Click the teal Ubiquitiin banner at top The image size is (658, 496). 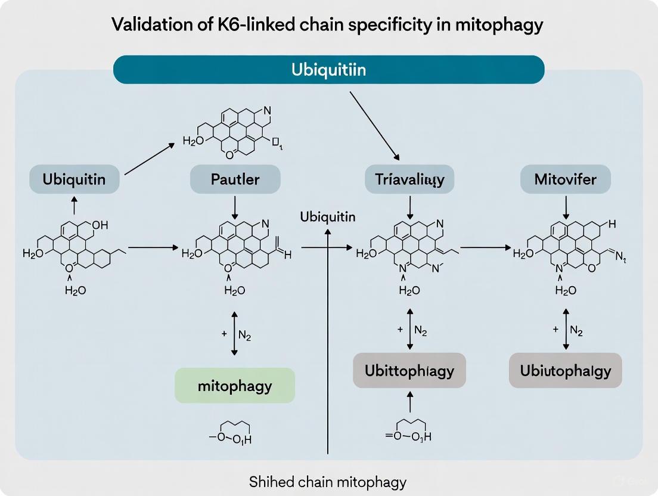[328, 70]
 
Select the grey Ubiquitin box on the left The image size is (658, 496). [75, 179]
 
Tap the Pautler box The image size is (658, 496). [235, 179]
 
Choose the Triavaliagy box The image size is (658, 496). [409, 179]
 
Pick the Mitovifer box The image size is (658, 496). [566, 179]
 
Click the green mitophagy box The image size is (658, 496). [235, 385]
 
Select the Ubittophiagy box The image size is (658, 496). [409, 370]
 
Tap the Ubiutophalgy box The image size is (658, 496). [565, 370]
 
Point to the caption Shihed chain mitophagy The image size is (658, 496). [328, 480]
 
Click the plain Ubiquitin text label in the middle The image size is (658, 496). [328, 216]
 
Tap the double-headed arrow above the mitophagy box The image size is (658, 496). [234, 334]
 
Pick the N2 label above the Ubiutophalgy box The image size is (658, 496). [576, 330]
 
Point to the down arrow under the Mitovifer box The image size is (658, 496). [566, 207]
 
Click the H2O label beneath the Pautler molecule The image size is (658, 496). [234, 290]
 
